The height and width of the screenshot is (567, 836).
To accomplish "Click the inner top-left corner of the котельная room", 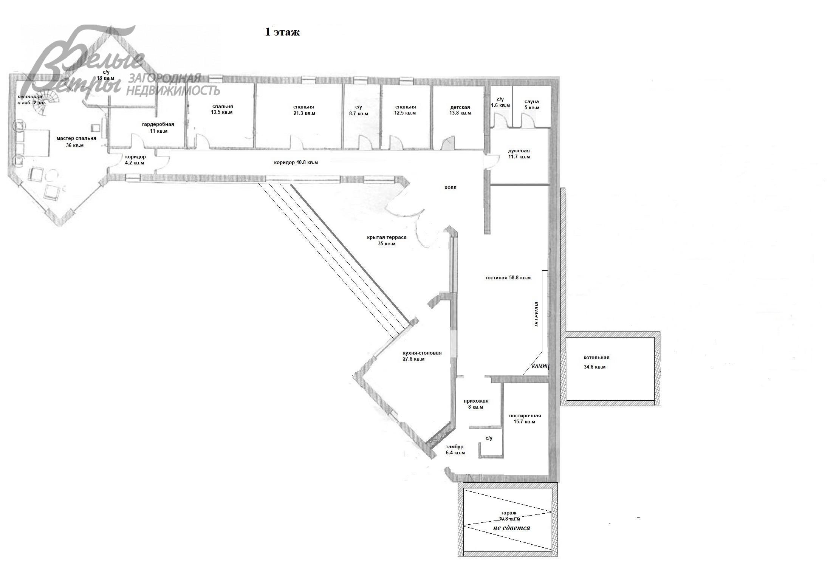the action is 566,338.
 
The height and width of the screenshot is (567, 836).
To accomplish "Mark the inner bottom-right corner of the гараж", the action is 552,551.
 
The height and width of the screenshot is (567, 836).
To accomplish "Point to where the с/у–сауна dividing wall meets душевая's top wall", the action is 512,128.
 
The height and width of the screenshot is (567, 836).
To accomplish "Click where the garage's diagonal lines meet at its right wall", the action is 551,512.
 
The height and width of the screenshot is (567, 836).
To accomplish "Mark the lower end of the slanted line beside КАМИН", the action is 523,375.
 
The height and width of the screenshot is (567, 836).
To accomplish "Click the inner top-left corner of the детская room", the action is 433,86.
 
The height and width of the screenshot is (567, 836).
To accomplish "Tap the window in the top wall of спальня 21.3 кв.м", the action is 308,79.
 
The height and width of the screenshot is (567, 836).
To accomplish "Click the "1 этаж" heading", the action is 282,32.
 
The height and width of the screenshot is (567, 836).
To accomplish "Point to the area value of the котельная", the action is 594,367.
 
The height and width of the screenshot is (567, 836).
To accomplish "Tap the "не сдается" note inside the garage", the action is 512,528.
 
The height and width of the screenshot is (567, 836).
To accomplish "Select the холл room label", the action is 451,187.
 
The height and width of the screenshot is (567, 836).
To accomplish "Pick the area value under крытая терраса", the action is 387,244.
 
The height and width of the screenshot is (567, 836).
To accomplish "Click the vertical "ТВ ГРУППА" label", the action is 536,314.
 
